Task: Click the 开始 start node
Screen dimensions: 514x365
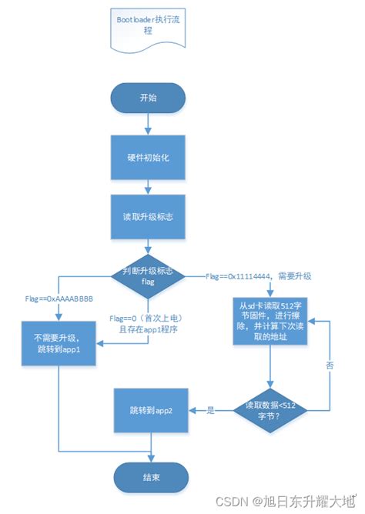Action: click(x=148, y=99)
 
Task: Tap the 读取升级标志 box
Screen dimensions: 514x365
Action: click(x=148, y=217)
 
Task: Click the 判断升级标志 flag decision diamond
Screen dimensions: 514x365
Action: click(x=148, y=275)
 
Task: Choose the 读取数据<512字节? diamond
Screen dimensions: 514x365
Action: click(x=269, y=410)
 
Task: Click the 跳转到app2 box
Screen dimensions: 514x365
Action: click(x=150, y=410)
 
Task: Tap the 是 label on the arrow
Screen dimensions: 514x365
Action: click(x=210, y=411)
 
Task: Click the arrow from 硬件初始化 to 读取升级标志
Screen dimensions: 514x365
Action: click(x=148, y=187)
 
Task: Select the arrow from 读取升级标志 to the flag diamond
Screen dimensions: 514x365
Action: click(x=148, y=245)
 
